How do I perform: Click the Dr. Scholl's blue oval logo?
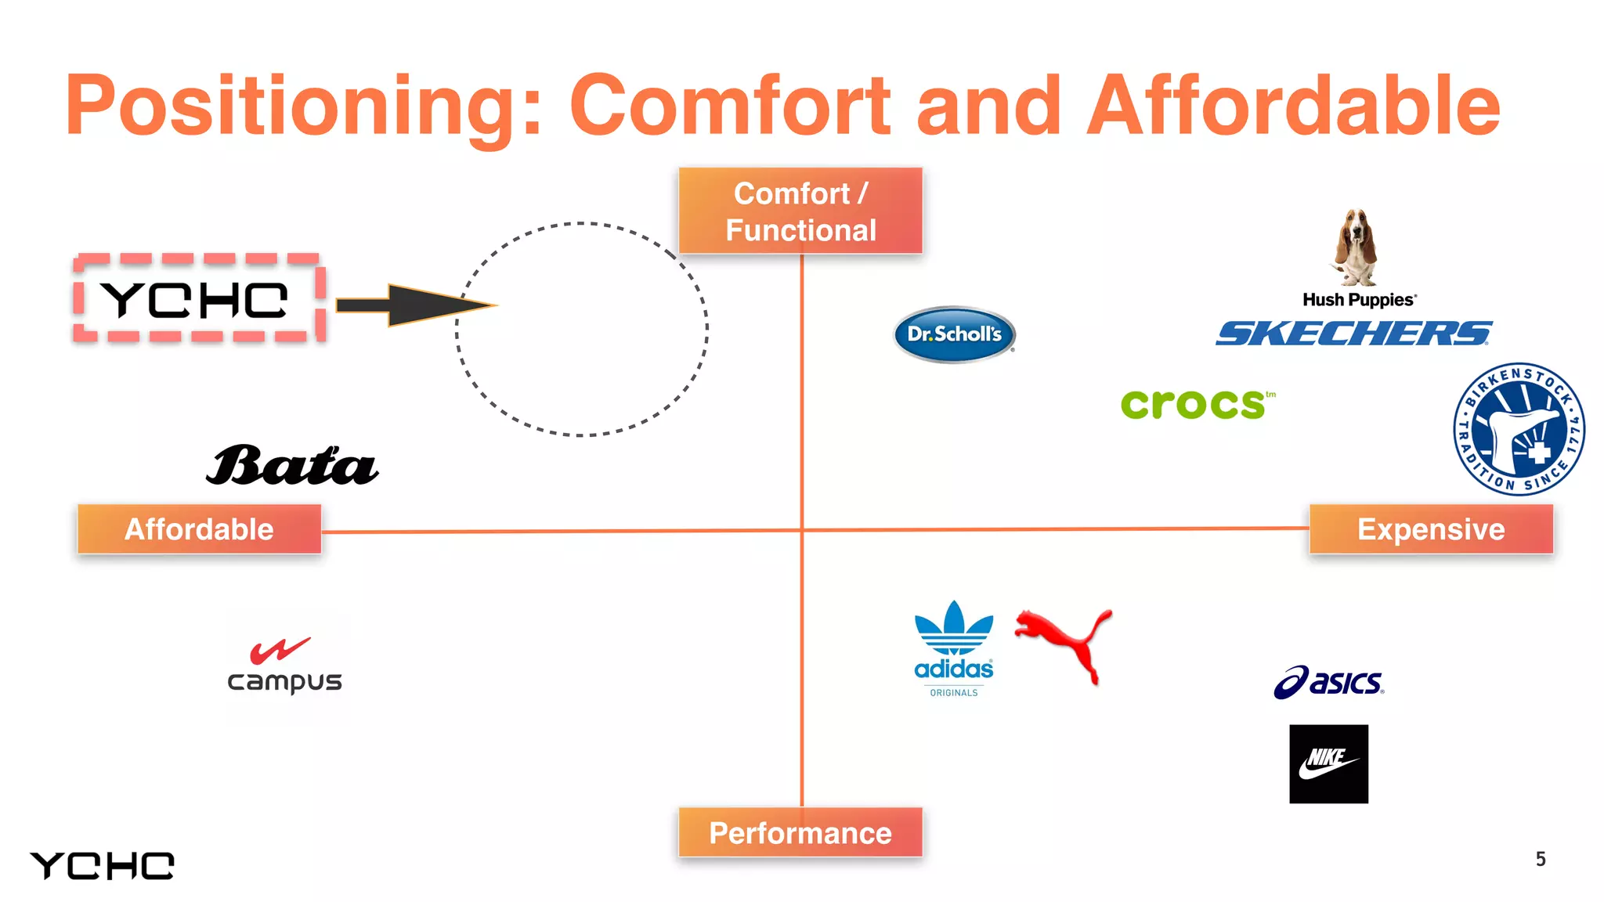point(954,334)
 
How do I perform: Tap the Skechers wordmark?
point(1353,333)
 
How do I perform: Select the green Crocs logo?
point(1194,404)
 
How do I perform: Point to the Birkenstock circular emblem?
point(1519,429)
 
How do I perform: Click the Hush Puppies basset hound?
point(1357,247)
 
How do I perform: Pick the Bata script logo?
point(292,466)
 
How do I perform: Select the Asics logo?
point(1329,682)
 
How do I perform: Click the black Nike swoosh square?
point(1328,763)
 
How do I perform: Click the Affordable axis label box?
point(199,529)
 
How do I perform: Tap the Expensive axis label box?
point(1431,529)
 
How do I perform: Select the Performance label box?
point(800,832)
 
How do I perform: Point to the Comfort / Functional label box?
point(800,211)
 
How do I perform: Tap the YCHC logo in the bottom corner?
point(102,866)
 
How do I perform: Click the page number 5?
point(1540,860)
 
